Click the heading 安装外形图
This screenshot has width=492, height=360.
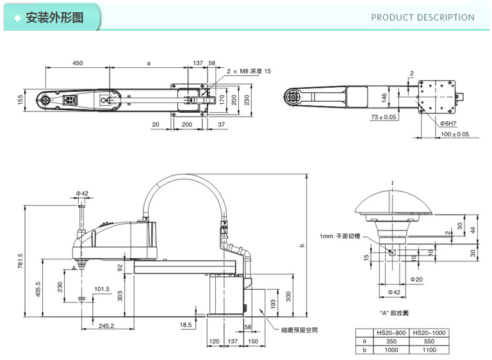coord(54,17)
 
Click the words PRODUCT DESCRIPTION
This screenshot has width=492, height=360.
coord(423,17)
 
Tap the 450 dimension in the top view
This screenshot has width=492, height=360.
coord(78,63)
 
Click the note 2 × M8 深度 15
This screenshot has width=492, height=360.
coord(247,71)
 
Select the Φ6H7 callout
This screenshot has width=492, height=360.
coord(447,122)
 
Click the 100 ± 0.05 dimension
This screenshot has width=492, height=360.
coord(455,134)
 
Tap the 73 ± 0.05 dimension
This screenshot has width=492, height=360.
coord(384,117)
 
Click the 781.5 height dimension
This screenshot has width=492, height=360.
coord(20,261)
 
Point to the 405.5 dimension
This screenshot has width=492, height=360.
coord(38,290)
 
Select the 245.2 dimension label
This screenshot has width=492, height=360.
coord(106,325)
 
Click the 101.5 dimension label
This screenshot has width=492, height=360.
coord(102,289)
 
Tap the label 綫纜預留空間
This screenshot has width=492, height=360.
coord(299,330)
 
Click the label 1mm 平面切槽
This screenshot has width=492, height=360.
coord(340,236)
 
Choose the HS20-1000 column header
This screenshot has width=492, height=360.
coord(429,333)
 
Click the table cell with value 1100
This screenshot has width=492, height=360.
coord(429,350)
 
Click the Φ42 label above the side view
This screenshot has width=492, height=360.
coord(81,193)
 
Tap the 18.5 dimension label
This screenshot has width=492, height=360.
coord(186,325)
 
